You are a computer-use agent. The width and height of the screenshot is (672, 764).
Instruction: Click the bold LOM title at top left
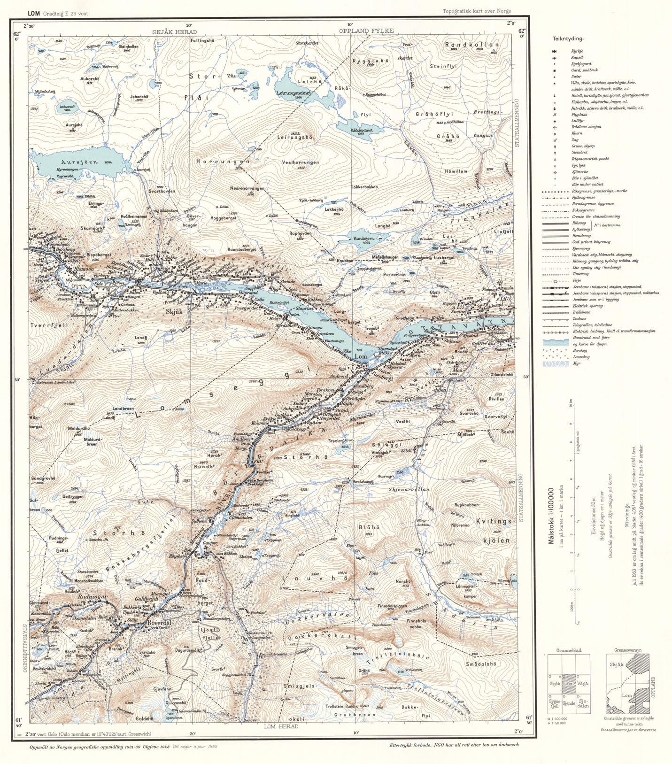tap(33, 14)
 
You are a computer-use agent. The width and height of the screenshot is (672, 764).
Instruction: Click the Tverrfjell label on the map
tap(49, 325)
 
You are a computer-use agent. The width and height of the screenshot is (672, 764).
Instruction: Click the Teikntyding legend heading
tap(568, 39)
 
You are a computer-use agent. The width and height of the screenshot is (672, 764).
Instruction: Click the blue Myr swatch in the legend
tap(555, 363)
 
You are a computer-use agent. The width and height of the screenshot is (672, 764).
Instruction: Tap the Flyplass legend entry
tap(579, 114)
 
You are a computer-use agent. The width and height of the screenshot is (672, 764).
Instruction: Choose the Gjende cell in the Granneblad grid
tap(569, 703)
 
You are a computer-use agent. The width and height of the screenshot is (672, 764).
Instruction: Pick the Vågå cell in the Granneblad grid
tap(582, 684)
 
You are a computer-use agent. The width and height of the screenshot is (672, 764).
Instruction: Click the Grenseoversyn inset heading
tap(627, 650)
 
